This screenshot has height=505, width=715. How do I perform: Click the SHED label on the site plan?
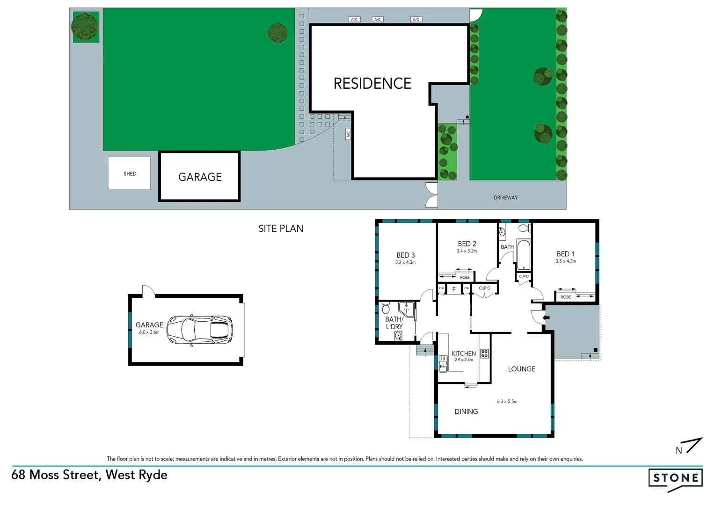(130, 173)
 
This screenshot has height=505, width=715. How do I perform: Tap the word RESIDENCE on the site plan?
(372, 83)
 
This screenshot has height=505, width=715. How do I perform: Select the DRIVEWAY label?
(505, 197)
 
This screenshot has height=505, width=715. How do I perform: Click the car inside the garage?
(200, 330)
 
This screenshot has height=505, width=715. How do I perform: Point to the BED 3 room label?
(405, 255)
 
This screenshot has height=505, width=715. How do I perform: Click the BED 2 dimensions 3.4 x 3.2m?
(467, 251)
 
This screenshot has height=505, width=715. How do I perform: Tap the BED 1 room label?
(565, 253)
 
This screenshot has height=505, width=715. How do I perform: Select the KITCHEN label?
(463, 353)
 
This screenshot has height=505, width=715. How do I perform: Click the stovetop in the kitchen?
(484, 353)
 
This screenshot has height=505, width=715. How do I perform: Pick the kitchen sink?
(443, 363)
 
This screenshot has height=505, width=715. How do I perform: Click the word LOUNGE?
(521, 369)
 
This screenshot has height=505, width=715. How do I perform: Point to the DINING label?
(466, 411)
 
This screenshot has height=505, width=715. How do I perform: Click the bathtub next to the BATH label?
(524, 255)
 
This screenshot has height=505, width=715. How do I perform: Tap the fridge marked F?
(453, 289)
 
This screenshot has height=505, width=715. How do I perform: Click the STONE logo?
(675, 478)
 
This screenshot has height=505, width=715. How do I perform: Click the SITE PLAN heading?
(281, 229)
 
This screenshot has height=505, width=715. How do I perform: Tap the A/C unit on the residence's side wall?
(348, 134)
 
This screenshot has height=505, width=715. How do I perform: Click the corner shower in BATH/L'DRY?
(407, 309)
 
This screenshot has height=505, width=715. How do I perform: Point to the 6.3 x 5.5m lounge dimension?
(507, 401)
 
